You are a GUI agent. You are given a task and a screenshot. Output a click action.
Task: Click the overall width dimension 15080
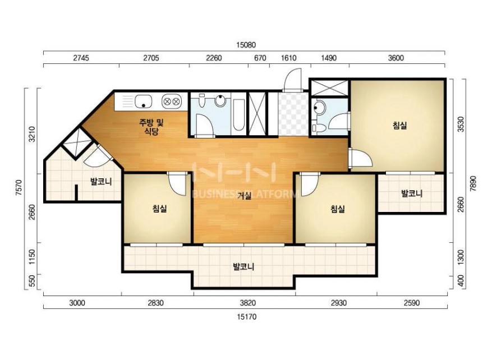click(x=246, y=45)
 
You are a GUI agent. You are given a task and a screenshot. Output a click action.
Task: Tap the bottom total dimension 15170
click(x=246, y=317)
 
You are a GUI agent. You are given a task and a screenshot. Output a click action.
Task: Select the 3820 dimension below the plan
click(x=247, y=303)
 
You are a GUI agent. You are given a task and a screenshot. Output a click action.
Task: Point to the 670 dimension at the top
click(x=260, y=58)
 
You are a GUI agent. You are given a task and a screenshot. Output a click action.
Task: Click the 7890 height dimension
click(x=473, y=184)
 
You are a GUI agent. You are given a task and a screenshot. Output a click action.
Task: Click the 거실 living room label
click(x=244, y=196)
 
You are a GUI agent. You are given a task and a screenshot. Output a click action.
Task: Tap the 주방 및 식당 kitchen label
click(x=151, y=126)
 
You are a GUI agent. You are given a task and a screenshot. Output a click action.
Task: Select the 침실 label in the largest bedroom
click(x=400, y=126)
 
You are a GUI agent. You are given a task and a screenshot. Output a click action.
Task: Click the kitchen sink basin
click(x=144, y=101)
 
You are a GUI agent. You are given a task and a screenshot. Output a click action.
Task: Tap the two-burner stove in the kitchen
click(x=172, y=101)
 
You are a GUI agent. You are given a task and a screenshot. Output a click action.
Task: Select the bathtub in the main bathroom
click(x=238, y=115)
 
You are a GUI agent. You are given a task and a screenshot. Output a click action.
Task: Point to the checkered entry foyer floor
click(x=293, y=114)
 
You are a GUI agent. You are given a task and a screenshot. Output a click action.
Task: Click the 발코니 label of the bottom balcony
click(x=243, y=267)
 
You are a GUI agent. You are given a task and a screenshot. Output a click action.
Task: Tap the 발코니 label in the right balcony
click(x=412, y=193)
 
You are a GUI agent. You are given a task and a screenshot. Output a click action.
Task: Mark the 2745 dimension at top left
click(x=81, y=58)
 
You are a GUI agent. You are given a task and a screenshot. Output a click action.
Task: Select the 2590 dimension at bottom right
click(x=411, y=303)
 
